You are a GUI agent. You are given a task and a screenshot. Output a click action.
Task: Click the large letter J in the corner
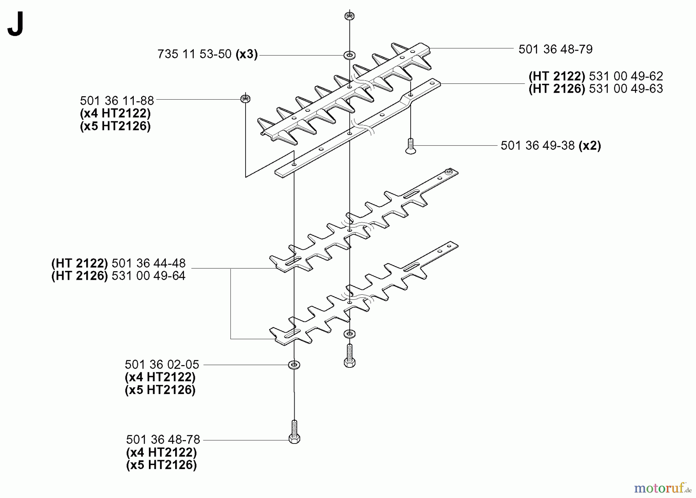point(16,24)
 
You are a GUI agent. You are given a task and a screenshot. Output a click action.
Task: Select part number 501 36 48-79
point(555,49)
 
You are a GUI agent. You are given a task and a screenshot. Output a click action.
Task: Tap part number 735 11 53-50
point(194,54)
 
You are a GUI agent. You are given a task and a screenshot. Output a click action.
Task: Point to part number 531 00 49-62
point(626,76)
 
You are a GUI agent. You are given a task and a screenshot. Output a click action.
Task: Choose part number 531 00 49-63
point(626,88)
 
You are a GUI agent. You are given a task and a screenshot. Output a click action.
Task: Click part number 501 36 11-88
point(117,101)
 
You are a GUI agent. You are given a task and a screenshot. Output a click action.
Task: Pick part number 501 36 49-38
point(537,146)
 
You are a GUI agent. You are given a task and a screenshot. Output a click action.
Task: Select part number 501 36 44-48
point(148,263)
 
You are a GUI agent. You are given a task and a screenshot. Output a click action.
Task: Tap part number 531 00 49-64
point(148,276)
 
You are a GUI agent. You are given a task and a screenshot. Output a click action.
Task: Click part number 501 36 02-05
point(162,364)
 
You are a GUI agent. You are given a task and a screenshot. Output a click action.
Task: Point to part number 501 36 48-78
point(163,440)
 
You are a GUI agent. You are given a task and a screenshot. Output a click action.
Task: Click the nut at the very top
point(350,16)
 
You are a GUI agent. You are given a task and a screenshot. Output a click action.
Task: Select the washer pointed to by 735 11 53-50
point(350,55)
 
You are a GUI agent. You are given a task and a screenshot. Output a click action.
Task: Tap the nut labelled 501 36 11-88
point(245,99)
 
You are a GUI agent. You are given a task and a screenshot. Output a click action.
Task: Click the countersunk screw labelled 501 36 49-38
point(411,146)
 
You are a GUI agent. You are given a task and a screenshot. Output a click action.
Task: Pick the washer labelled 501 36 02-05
point(294,364)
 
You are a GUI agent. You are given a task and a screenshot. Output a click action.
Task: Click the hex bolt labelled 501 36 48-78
point(294,432)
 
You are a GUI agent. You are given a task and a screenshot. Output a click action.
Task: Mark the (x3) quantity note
point(247,54)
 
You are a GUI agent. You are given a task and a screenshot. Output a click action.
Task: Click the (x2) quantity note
point(590,146)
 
